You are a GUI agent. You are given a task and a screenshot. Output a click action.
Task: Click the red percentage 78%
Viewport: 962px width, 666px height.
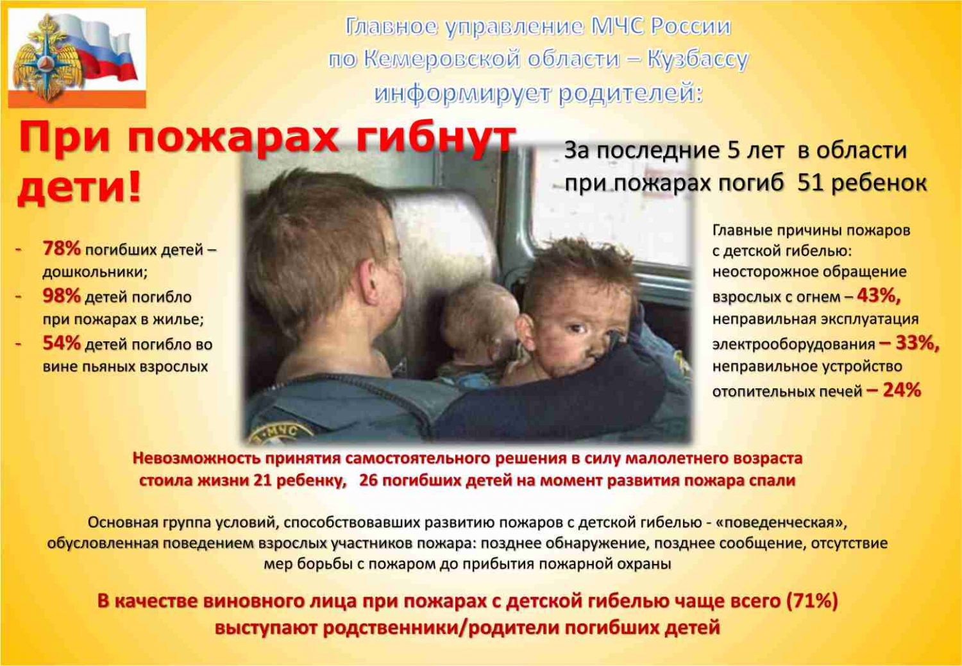(x=62, y=249)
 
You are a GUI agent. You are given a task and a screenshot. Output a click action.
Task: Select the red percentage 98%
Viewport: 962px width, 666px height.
(x=62, y=296)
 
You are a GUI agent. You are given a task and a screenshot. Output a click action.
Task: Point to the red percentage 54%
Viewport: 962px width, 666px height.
(x=62, y=343)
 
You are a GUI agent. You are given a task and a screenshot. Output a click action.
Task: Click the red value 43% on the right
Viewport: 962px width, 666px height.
(x=878, y=296)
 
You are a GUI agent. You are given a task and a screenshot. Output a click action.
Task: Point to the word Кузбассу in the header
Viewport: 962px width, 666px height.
(x=698, y=60)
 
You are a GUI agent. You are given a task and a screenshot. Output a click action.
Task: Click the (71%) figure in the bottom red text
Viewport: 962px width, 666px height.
(x=812, y=601)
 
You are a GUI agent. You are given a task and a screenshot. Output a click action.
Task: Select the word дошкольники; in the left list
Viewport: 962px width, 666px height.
(x=95, y=272)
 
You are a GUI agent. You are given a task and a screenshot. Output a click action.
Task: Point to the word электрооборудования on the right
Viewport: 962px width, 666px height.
(x=794, y=344)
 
